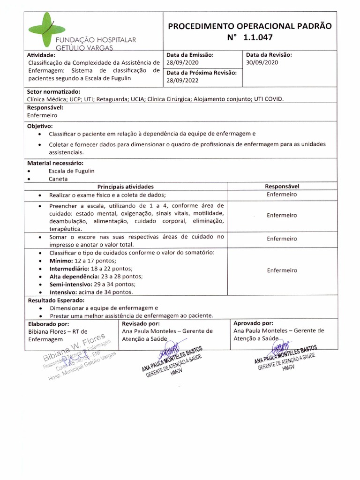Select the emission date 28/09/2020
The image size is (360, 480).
[183, 62]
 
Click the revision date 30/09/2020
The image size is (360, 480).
[262, 62]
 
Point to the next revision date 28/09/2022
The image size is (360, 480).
[183, 81]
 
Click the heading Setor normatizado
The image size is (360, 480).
[54, 91]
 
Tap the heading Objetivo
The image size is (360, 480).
[40, 127]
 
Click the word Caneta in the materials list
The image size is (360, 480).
[58, 179]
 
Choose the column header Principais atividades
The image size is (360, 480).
[125, 187]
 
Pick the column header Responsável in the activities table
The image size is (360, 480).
[282, 187]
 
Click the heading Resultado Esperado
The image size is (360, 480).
[56, 300]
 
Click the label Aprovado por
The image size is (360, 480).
[253, 323]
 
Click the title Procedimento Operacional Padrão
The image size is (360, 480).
[250, 26]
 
